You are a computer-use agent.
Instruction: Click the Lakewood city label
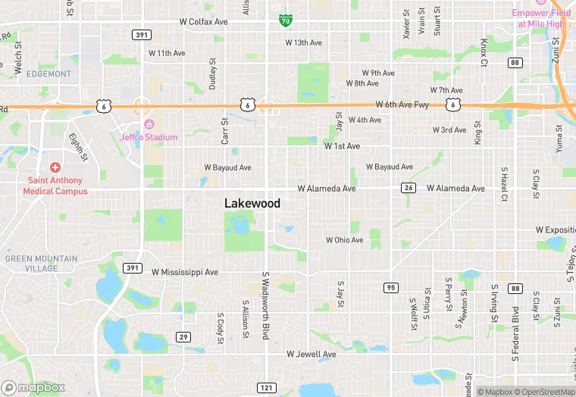[x=252, y=203]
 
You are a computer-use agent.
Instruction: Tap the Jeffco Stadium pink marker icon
[x=149, y=124]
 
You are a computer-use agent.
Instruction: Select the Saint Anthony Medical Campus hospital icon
[x=55, y=167]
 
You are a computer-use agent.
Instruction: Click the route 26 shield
[x=408, y=189]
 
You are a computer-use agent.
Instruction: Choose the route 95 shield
[x=391, y=287]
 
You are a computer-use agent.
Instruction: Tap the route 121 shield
[x=265, y=388]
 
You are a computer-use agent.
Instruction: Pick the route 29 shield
[x=183, y=336]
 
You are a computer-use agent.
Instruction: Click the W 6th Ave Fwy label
[x=402, y=105]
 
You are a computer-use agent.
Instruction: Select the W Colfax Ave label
[x=202, y=22]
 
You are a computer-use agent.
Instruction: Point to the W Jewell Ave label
[x=311, y=354]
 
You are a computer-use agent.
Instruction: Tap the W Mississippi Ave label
[x=185, y=271]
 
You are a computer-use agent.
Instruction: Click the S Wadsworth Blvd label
[x=266, y=306]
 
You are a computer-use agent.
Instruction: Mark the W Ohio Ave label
[x=344, y=240]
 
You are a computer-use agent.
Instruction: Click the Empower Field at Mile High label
[x=540, y=18]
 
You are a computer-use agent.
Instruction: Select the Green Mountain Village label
[x=41, y=263]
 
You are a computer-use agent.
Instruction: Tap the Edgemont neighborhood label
[x=49, y=74]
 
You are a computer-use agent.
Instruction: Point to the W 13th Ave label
[x=303, y=42]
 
